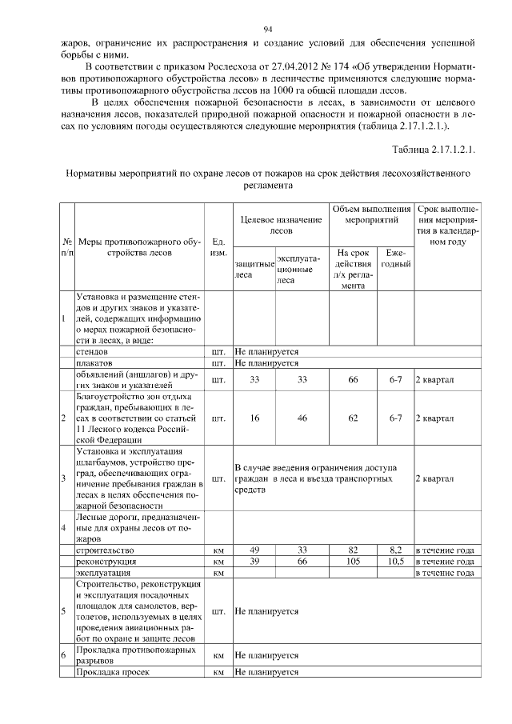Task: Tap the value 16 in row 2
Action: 254,418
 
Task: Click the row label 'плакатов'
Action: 94,362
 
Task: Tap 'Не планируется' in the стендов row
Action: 266,350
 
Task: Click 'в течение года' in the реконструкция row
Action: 445,562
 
